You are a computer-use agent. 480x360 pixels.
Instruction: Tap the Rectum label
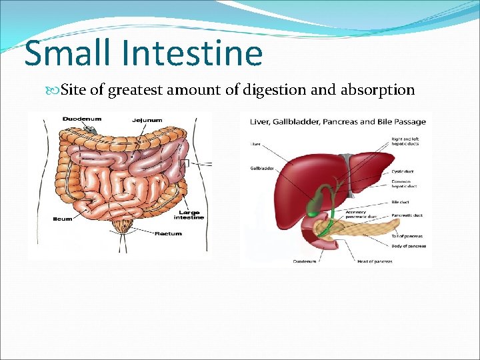tap(168, 234)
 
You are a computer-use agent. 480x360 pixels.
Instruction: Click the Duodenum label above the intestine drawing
tap(81, 119)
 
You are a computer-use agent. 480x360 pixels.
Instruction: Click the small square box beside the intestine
tap(185, 163)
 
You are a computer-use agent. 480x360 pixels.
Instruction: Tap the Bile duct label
tap(400, 201)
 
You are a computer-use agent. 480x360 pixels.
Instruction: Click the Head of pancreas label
tap(375, 261)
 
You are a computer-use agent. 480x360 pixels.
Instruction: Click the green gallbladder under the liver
tap(313, 203)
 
